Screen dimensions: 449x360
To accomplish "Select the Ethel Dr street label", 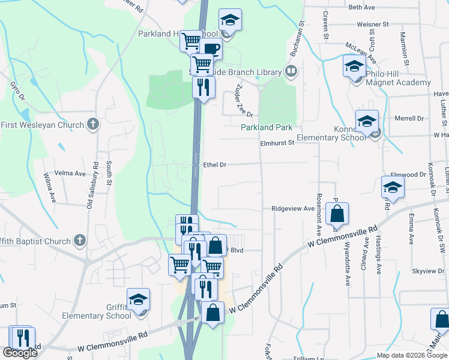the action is coord(214,164).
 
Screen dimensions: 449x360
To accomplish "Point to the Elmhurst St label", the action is coord(277,143).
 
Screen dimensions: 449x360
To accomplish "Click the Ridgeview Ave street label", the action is coord(293,209).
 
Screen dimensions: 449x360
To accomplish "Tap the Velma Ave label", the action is coord(70,173).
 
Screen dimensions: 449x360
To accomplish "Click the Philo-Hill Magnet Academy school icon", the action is coord(354,65).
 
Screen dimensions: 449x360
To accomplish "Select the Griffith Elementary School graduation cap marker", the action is coord(139,299).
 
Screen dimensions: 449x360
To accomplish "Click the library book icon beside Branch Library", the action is coord(291,72).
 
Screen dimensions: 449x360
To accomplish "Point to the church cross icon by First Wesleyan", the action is coord(92,125).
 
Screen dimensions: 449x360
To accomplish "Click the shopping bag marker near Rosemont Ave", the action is coord(337,214).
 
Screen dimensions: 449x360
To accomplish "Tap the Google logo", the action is coord(20,353).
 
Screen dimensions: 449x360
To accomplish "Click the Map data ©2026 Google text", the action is coord(412,355).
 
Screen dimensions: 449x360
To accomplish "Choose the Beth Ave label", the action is coord(361,7).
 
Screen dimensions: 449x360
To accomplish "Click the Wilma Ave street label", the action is coord(50,187).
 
